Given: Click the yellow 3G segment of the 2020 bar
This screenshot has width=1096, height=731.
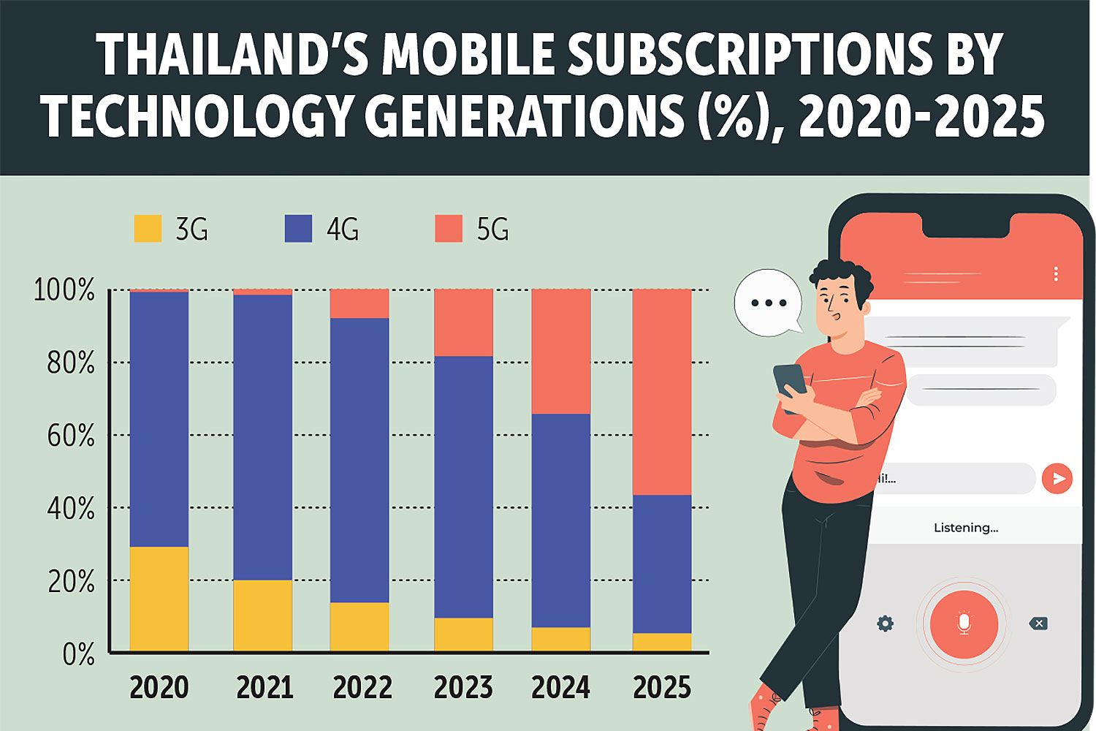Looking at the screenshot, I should point(159,599).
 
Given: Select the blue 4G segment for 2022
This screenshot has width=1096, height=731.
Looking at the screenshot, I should point(359,460).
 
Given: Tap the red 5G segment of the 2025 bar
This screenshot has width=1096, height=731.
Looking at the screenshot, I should point(662,392).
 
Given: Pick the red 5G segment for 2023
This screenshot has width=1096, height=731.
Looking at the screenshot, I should point(463,322).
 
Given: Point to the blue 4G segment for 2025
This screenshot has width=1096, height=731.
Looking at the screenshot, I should point(662,564).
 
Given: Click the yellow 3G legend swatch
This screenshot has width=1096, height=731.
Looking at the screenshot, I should point(148,229).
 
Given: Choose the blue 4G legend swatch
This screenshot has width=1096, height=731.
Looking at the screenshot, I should point(298,229).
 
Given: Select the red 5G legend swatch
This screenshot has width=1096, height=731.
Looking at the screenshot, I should point(449,229).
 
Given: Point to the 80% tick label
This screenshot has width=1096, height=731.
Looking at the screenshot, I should point(71,363).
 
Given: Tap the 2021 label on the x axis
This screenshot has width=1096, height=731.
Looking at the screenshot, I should point(265,688).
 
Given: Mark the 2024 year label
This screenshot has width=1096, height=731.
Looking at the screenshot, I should point(560,688).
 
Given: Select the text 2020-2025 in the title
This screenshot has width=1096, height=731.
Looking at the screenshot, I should point(922,117).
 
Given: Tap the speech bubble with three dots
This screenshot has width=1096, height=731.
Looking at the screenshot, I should point(768,303).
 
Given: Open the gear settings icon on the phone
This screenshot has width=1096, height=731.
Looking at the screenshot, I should point(885,624).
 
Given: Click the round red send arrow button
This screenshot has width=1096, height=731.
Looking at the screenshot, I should point(1057,479).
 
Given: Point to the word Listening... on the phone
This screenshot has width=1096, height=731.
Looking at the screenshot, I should point(965,528).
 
